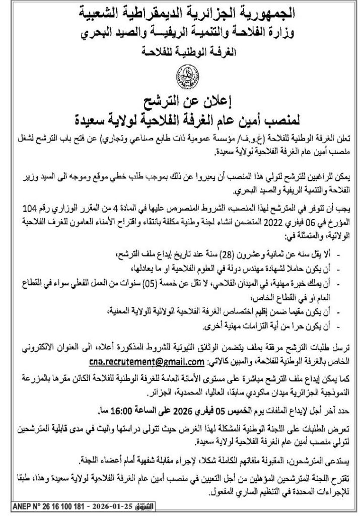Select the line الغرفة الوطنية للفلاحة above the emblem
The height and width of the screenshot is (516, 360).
(x=180, y=50)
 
